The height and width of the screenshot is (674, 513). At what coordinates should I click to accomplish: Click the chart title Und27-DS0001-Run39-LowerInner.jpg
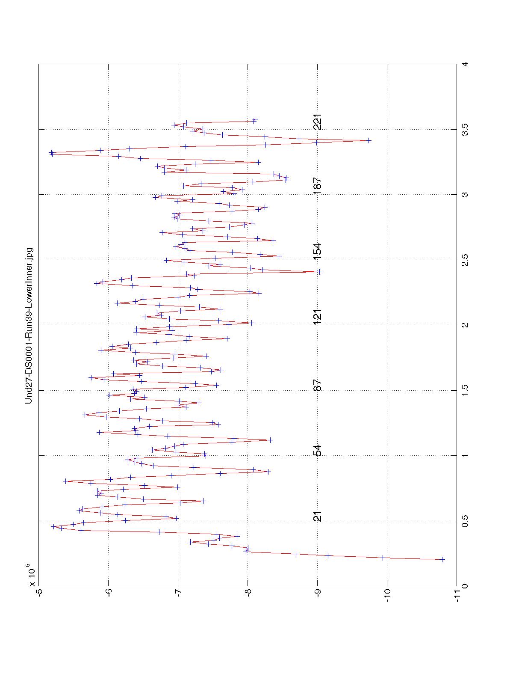coord(29,325)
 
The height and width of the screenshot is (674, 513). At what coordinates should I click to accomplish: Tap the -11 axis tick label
coord(457,594)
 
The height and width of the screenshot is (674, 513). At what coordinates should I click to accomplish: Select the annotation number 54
coord(317,451)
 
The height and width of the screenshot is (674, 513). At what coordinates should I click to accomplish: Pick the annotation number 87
coord(317,386)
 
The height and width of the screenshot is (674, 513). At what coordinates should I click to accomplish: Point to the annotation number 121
coord(317,316)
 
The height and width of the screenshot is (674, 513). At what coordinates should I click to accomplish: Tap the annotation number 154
coord(317,251)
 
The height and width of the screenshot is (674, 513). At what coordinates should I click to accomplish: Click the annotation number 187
coord(317,186)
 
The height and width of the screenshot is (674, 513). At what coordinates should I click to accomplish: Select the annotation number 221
coord(317,122)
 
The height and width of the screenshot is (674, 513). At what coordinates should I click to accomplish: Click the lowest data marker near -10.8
coord(442,559)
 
